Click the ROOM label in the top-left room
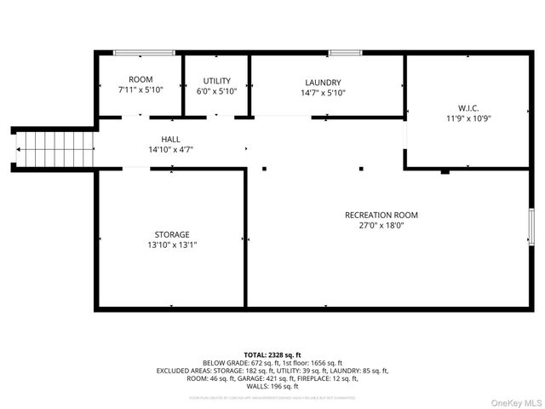(141, 79)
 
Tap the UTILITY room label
(217, 81)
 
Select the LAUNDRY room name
(323, 82)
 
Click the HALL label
(170, 139)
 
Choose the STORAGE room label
(172, 234)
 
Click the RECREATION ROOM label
(381, 215)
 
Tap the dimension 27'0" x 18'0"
(381, 226)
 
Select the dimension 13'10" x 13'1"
(172, 245)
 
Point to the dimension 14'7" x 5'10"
(323, 93)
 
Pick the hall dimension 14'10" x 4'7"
(170, 149)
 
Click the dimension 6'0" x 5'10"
(217, 91)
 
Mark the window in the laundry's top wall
(343, 53)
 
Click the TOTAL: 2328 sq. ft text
(272, 354)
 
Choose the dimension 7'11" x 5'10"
(141, 89)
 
